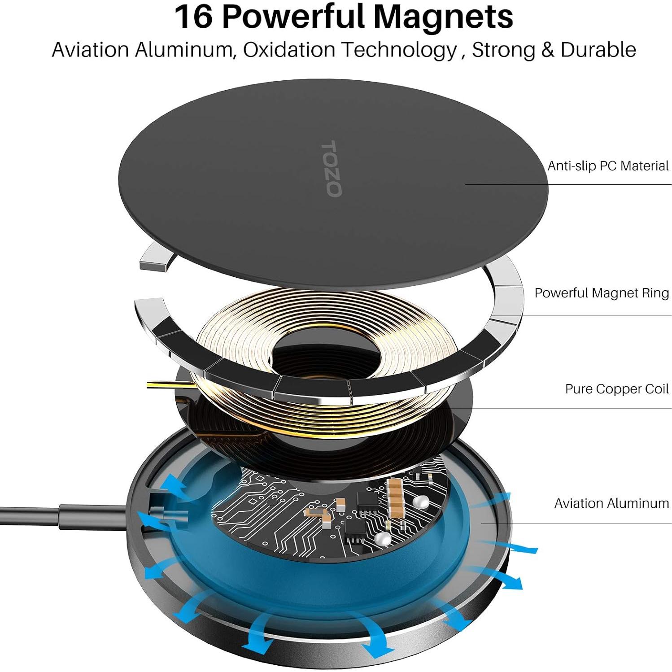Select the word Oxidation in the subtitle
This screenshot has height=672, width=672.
point(289,49)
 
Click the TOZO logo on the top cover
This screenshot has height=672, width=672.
point(332,169)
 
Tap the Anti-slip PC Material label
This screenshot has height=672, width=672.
point(607,166)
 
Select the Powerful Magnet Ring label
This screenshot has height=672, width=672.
point(601,293)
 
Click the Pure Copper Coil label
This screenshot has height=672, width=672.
point(616,388)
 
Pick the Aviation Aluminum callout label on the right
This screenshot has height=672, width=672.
point(611,503)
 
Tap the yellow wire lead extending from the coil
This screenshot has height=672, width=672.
point(166,384)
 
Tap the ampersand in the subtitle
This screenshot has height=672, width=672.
point(547,49)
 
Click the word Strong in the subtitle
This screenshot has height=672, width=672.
point(503,49)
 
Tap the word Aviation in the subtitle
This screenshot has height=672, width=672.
point(90,49)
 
